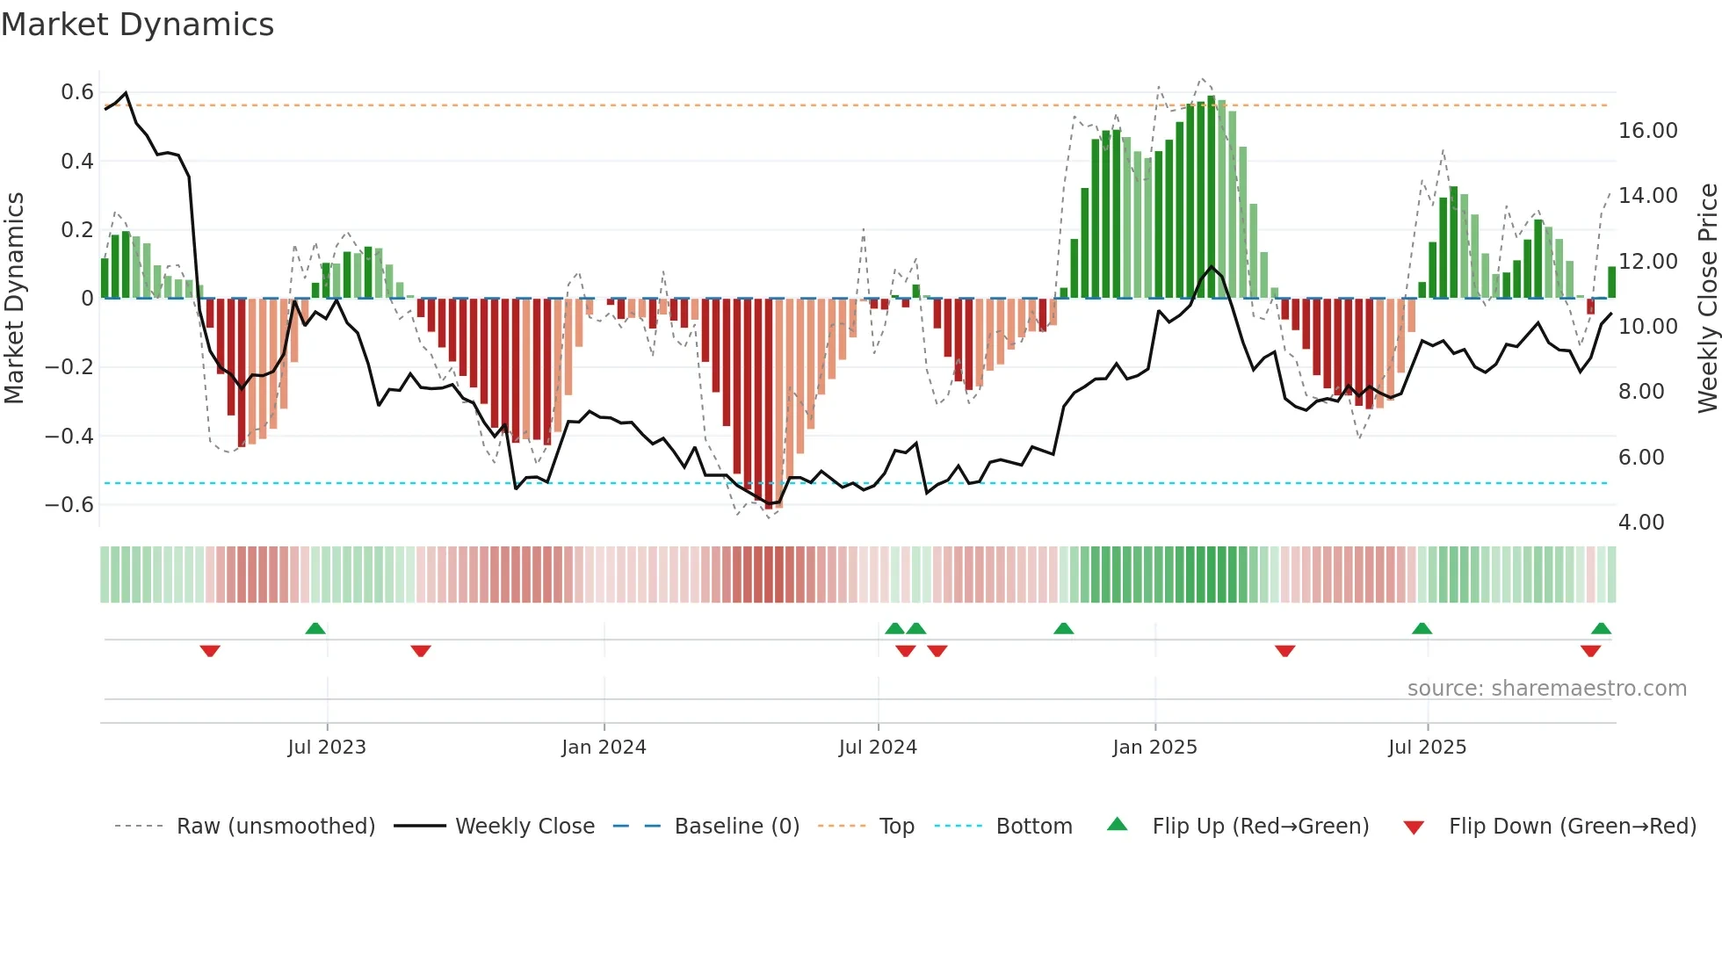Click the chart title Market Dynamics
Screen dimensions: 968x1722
click(137, 25)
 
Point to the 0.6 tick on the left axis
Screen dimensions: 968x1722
click(77, 92)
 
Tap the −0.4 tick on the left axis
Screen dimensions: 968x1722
click(69, 436)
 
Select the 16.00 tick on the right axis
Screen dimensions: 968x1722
click(1647, 131)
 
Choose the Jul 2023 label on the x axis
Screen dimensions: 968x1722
click(327, 748)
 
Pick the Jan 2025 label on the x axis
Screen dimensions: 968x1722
click(1154, 748)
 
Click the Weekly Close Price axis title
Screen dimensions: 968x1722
click(1707, 299)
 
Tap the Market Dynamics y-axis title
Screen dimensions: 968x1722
click(14, 299)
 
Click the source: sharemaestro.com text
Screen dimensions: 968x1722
click(1546, 689)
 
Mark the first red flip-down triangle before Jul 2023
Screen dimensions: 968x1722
click(210, 651)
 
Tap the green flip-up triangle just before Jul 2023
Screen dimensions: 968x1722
click(315, 628)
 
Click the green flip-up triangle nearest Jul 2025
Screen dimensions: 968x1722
click(1422, 628)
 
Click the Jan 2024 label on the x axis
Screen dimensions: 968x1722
click(604, 748)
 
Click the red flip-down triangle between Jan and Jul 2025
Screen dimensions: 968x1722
click(1284, 651)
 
